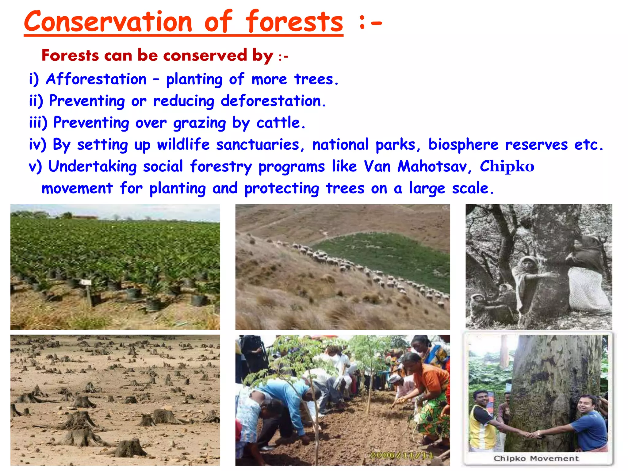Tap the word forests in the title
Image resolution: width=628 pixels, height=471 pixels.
pos(294,21)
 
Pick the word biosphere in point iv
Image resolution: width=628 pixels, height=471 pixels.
pos(463,144)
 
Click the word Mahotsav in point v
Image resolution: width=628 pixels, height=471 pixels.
pos(432,167)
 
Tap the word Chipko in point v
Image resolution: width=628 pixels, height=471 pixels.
pos(507,167)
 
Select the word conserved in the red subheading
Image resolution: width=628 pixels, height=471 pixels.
pos(205,56)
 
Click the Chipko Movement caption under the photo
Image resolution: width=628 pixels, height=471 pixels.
pos(536,458)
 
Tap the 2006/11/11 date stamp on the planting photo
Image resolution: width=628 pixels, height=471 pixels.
pos(402,455)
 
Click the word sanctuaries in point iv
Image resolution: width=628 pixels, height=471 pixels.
pos(258,144)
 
